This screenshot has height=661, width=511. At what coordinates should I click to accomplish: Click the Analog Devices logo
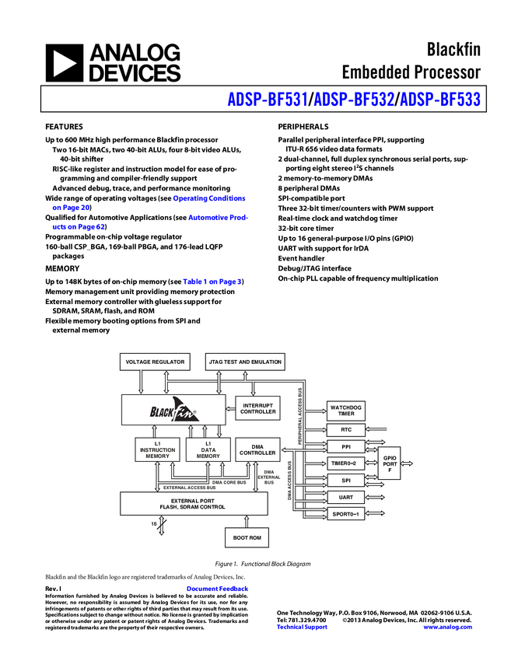pyautogui.click(x=113, y=63)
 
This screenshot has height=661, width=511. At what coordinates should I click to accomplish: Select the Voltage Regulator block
pyautogui.click(x=155, y=362)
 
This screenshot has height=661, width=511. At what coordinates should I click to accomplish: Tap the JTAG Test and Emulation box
pyautogui.click(x=245, y=362)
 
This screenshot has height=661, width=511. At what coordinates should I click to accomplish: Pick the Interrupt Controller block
pyautogui.click(x=257, y=408)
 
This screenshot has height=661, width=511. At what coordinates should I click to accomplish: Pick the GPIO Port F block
pyautogui.click(x=390, y=463)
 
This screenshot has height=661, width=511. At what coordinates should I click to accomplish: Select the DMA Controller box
pyautogui.click(x=257, y=449)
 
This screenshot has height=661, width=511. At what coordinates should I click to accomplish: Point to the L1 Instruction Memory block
pyautogui.click(x=158, y=449)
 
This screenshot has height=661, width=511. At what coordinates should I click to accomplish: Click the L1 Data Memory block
pyautogui.click(x=208, y=449)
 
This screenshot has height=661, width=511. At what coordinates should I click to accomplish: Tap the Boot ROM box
pyautogui.click(x=247, y=537)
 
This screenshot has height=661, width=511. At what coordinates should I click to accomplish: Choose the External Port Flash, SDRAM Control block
pyautogui.click(x=193, y=503)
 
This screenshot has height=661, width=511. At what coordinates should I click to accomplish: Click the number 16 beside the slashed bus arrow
pyautogui.click(x=154, y=524)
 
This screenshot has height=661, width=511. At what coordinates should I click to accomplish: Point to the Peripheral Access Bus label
pyautogui.click(x=300, y=416)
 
